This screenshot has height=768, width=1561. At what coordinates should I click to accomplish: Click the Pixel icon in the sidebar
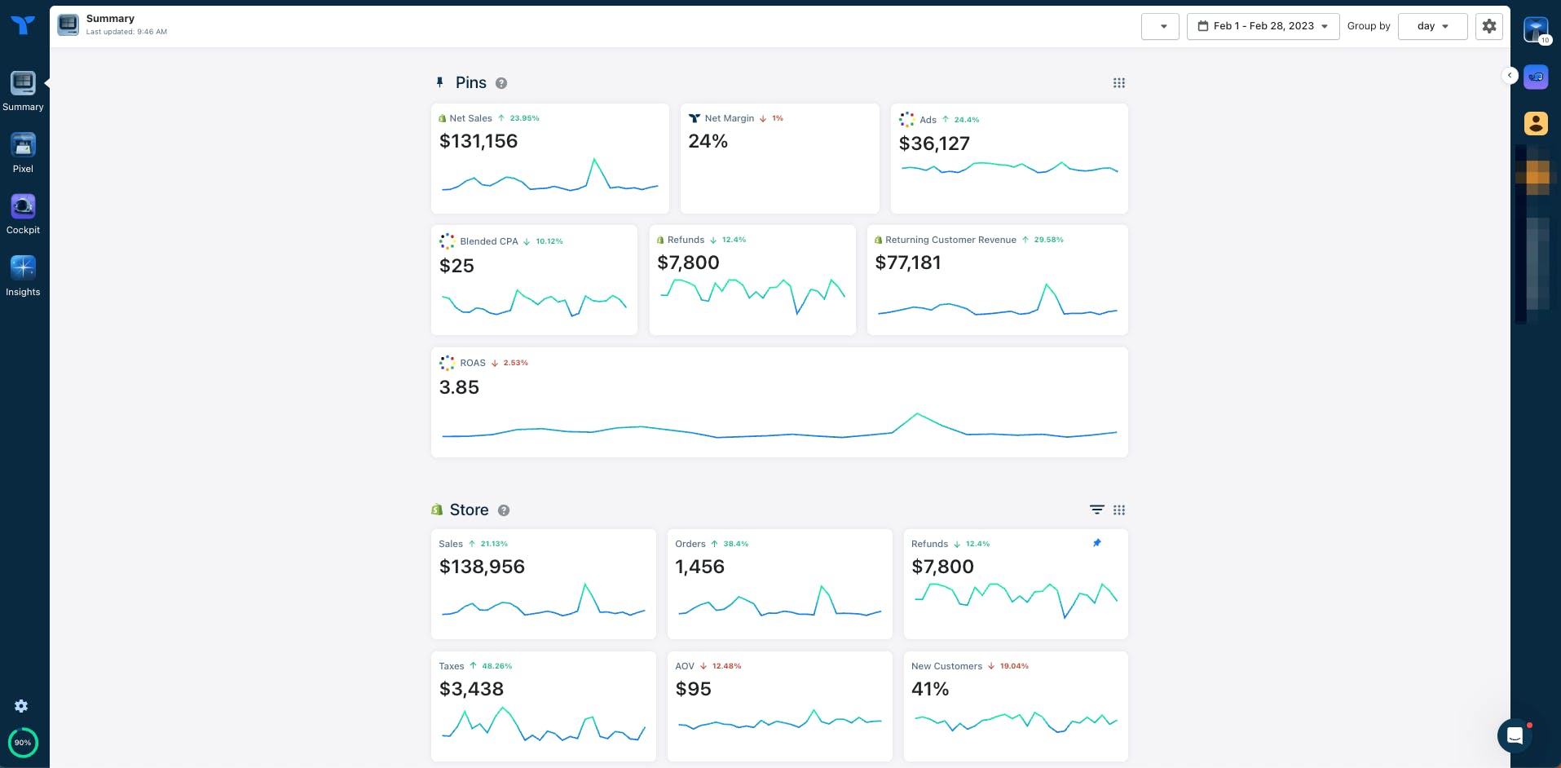pos(23,146)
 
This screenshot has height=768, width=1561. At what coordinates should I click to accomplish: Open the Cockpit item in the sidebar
pos(23,207)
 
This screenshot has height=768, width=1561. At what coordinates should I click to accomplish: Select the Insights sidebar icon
pos(23,268)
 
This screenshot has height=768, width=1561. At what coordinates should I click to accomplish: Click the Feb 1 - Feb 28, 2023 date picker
pos(1263,26)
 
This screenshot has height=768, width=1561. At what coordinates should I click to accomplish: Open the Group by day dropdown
pos(1432,26)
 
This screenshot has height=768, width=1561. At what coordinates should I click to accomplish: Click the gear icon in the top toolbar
pos(1489,26)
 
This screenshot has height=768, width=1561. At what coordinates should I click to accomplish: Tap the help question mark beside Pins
pos(501,83)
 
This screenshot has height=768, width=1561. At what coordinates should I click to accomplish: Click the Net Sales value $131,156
pos(478,141)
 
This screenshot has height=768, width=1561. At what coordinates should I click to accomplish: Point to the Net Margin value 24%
pos(708,141)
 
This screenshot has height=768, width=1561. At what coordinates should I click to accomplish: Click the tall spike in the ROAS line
pos(917,414)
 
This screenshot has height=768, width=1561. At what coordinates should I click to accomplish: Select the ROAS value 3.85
pos(459,387)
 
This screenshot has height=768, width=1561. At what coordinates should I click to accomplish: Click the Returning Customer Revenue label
pos(950,240)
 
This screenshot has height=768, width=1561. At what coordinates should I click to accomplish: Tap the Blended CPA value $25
pos(456,266)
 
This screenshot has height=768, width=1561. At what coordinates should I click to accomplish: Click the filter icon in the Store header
pos(1097,510)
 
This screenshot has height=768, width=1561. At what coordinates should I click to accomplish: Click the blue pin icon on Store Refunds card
pos(1096,543)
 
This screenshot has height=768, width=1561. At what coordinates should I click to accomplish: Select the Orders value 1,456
pos(699,567)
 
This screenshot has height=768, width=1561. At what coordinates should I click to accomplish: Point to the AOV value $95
pos(693,689)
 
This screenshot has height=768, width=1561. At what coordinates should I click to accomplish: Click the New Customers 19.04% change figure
pos(1014,666)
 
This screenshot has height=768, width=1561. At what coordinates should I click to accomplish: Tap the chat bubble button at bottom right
pos(1515,735)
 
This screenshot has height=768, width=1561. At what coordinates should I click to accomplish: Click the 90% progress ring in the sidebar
pos(23,742)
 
